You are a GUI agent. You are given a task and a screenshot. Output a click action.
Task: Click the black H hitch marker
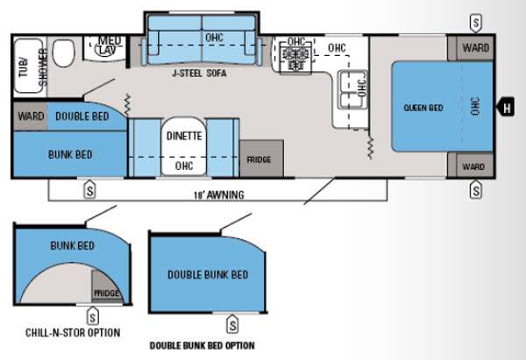[506, 107]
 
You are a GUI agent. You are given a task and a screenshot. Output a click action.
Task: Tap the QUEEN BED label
[423, 108]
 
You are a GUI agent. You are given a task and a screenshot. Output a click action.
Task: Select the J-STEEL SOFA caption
[199, 73]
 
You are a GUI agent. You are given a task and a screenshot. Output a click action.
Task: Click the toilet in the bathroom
[63, 53]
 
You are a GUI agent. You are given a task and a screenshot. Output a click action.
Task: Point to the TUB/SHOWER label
[33, 67]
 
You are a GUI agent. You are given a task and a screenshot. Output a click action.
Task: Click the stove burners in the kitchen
[295, 59]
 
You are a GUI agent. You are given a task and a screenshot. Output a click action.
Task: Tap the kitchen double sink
[352, 90]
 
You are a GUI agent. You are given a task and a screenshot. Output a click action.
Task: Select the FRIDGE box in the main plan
[261, 159]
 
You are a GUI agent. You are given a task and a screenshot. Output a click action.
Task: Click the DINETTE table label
[184, 136]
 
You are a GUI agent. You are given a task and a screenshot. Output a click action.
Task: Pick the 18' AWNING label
[219, 194]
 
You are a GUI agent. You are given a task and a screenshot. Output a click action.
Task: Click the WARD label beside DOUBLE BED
[32, 116]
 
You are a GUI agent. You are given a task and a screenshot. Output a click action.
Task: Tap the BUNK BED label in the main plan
[70, 154]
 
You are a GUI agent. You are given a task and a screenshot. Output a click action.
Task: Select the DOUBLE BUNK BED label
[208, 275]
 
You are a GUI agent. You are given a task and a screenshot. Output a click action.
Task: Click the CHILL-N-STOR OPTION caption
[73, 333]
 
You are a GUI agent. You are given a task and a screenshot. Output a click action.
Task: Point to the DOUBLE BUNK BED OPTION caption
[202, 346]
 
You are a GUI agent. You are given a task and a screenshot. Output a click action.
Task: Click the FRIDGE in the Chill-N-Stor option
[106, 289]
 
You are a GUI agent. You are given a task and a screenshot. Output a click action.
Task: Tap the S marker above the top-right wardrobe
[476, 24]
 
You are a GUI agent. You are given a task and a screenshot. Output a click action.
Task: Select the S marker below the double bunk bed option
[232, 324]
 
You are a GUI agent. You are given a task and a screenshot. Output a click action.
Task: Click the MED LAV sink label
[108, 46]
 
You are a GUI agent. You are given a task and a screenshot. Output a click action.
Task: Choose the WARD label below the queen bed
[473, 166]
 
